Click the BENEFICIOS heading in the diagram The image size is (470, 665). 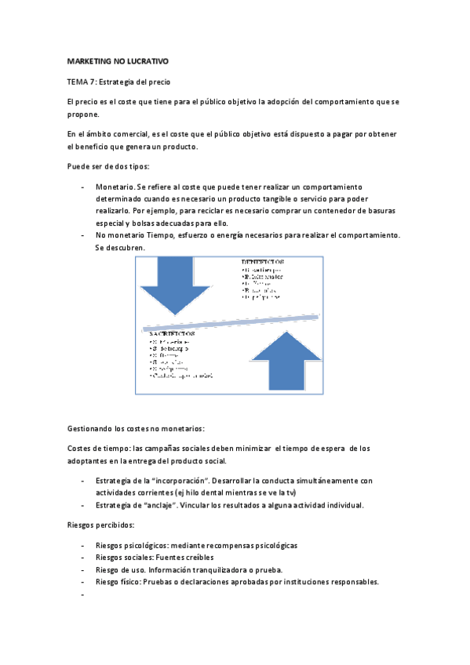[x=263, y=262]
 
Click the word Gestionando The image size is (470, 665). [x=90, y=428]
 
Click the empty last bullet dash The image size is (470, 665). [x=82, y=594]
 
